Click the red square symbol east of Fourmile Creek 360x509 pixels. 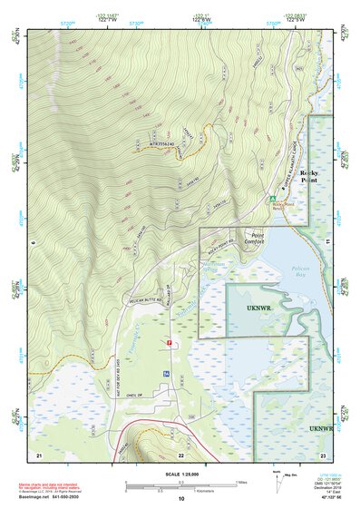[169, 341]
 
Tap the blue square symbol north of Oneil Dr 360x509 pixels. [165, 374]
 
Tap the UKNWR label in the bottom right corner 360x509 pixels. [319, 427]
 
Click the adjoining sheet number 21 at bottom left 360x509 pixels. [39, 453]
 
